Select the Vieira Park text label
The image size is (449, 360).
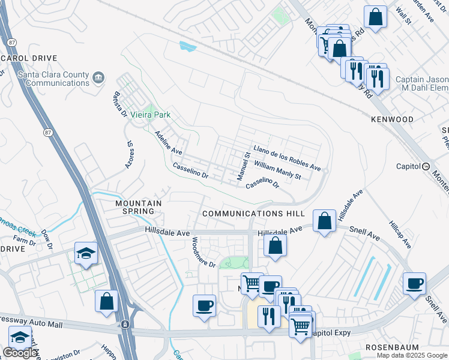152,115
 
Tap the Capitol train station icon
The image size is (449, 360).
426,166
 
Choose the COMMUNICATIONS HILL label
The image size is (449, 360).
253,214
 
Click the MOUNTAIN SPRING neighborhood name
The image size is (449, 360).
139,208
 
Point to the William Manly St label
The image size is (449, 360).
277,170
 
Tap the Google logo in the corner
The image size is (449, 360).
20,353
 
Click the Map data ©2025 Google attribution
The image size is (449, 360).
412,355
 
